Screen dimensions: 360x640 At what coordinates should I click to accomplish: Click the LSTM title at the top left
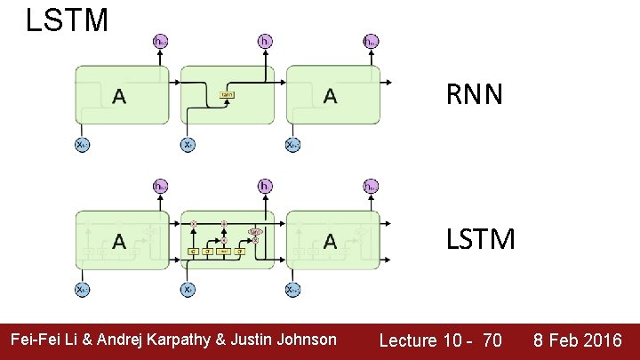67,19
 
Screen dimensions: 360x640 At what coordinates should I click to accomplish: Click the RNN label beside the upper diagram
474,94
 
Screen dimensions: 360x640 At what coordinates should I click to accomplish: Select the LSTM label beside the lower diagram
480,239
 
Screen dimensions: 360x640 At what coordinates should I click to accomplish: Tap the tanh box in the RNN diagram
228,94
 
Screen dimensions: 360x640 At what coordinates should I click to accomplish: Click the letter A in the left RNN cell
119,96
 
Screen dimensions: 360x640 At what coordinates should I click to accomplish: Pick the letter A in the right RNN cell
331,96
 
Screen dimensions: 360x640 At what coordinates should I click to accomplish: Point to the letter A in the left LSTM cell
119,241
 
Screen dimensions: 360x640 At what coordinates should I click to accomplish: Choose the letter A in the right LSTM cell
331,241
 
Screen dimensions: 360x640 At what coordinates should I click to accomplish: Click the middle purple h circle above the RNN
265,41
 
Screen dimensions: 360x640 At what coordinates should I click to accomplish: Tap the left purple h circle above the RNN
160,41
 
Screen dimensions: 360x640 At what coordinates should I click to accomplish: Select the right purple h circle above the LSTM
370,187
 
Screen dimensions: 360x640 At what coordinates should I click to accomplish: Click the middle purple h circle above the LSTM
265,187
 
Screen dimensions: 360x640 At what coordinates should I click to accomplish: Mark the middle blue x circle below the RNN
188,144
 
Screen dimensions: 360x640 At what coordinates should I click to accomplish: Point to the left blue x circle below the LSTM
82,289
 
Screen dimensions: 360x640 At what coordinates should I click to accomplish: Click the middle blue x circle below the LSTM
188,289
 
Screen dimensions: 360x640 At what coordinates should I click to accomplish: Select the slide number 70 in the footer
491,340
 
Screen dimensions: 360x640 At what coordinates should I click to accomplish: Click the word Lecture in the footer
408,340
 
